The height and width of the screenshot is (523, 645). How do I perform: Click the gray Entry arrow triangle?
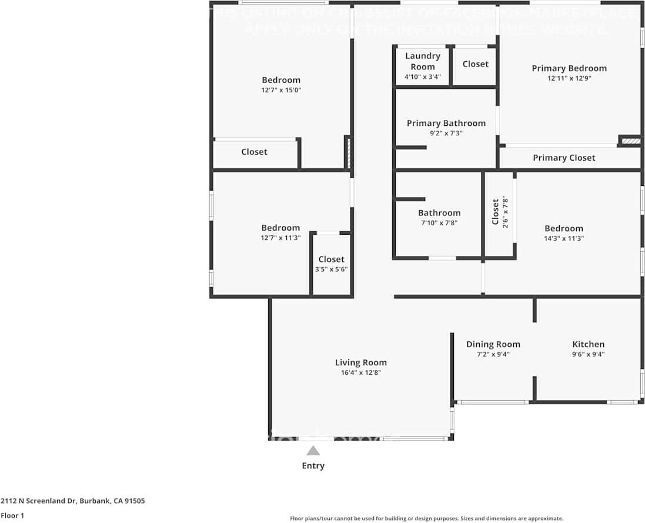click(x=313, y=451)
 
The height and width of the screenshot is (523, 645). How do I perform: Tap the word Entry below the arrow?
click(x=313, y=466)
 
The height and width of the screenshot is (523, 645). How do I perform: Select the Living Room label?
click(x=360, y=362)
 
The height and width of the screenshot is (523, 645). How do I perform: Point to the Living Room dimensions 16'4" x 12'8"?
click(x=360, y=373)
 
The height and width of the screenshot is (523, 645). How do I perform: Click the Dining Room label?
click(x=493, y=344)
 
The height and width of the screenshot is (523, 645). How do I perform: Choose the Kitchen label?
click(x=588, y=344)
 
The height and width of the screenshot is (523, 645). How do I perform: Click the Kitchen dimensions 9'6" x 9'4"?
click(x=588, y=355)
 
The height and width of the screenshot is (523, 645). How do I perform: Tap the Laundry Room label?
click(x=423, y=61)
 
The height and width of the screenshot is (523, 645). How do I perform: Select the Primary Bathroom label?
click(x=446, y=123)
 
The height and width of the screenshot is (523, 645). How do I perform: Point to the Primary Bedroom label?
click(x=569, y=68)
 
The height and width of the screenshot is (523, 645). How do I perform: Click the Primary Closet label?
click(x=564, y=158)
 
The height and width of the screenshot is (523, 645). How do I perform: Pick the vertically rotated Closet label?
click(x=496, y=212)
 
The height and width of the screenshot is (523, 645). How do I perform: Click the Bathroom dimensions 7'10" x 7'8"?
click(x=439, y=223)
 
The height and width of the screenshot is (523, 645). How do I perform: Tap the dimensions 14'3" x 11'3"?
click(x=563, y=239)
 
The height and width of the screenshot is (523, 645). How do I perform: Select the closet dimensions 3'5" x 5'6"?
click(x=331, y=269)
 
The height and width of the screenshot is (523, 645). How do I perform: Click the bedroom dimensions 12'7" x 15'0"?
click(x=281, y=91)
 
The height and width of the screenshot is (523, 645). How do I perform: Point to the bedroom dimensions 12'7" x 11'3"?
click(x=281, y=238)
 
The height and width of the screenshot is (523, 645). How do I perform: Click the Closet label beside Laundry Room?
click(x=475, y=64)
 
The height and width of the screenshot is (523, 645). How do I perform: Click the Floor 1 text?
click(x=12, y=515)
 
